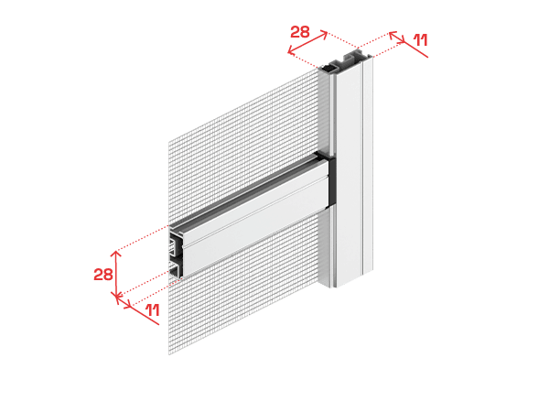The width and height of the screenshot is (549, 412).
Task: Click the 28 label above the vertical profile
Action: point(300,32)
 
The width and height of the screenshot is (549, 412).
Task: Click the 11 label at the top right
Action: point(421,40)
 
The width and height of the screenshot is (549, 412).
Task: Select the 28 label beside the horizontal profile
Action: point(103,275)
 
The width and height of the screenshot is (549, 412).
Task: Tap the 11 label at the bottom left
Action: point(153,310)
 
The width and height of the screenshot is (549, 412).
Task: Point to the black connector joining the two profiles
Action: point(331,180)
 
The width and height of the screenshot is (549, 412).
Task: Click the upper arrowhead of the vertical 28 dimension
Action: point(116,254)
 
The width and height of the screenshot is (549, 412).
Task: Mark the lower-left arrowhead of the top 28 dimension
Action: point(291,50)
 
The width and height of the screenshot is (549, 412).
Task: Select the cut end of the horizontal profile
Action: point(176,253)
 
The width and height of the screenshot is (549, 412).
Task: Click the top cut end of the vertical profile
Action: point(346,61)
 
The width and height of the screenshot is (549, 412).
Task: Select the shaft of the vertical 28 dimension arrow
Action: point(116,273)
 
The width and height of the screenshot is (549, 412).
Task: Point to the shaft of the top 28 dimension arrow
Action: point(307,42)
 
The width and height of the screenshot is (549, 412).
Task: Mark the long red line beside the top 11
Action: point(409,45)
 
